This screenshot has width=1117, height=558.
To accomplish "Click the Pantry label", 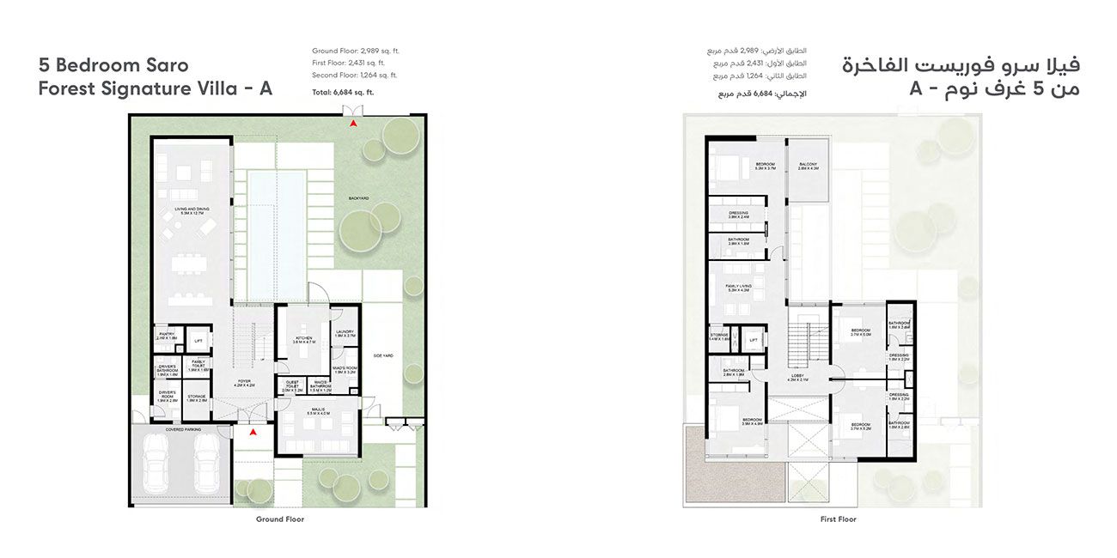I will (167, 336).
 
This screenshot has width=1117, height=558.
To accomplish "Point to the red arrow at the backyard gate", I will (352, 124).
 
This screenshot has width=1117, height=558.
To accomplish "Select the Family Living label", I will (738, 288).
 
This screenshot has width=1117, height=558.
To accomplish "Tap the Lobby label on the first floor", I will (798, 376).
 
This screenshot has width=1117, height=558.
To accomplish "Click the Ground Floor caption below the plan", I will (280, 519).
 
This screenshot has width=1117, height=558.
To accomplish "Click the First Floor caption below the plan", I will (838, 519).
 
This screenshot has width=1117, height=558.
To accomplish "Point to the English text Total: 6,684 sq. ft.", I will (343, 92).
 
